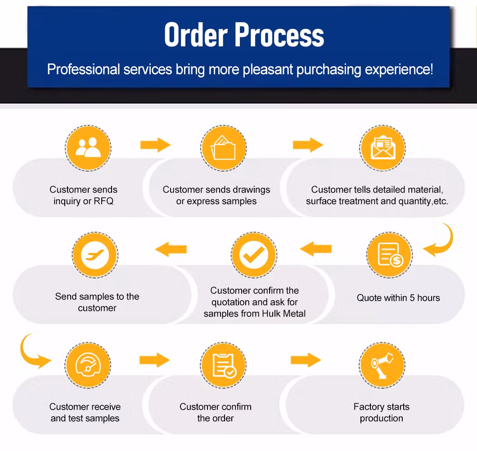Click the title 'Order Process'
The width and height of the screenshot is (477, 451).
pos(244,35)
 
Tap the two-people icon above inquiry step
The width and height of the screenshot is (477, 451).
pos(88,148)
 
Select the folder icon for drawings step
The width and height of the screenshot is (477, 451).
pos(224,148)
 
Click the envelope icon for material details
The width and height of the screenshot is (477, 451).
pos(382,148)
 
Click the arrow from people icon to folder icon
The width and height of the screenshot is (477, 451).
pos(155,145)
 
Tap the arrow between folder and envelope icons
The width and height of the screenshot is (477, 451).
pos(308,145)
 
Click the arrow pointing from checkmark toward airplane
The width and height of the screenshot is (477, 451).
pos(171,249)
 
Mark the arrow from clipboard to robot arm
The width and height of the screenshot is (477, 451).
pos(306,360)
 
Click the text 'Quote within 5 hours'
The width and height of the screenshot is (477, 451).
pos(398,298)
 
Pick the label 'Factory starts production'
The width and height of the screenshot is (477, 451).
pos(381,412)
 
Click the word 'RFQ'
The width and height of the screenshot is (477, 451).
pos(103,201)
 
